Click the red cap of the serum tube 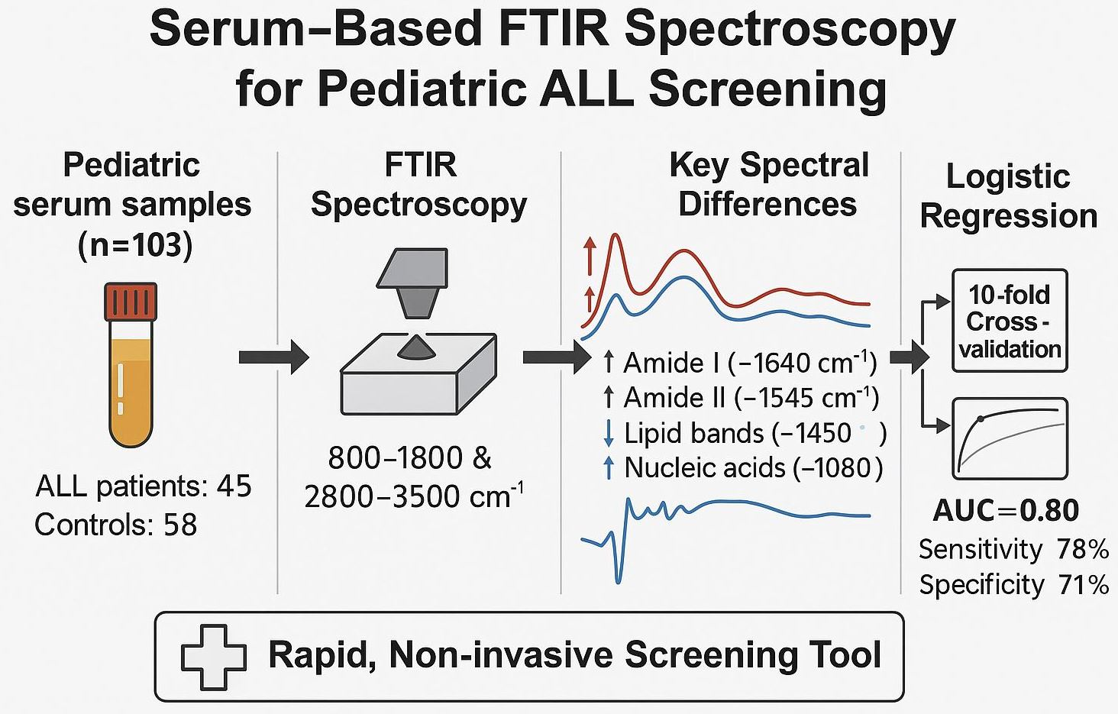131,301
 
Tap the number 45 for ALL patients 234,486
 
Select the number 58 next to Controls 180,525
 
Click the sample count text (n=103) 134,245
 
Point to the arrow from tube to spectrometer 273,357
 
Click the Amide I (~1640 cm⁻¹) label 749,362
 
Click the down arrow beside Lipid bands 609,433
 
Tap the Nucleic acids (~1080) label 753,467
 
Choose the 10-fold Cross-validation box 1010,321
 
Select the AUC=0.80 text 1006,510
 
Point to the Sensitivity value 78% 1083,548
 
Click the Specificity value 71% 1084,584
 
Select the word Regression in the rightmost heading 1008,216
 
